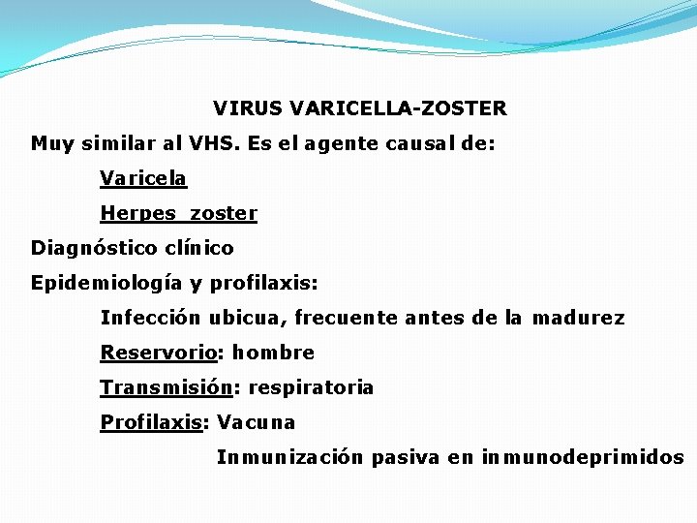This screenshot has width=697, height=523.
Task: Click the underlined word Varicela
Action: pos(143,178)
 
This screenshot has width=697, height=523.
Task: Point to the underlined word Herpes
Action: pos(138,213)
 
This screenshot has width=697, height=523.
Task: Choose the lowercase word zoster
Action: pos(224,213)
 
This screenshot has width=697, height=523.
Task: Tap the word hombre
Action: pos(273,353)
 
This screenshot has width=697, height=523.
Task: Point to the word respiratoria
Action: pos(311,387)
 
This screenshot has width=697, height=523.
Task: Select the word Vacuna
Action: pos(257,422)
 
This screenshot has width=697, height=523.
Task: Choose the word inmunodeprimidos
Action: pos(582,457)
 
